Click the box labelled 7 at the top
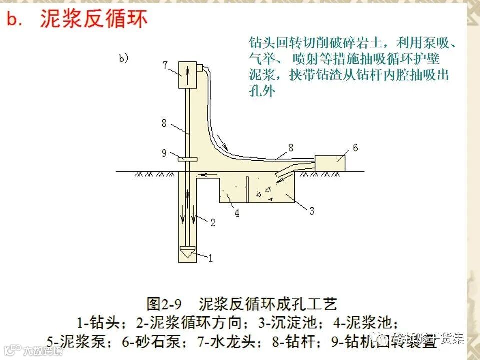click(x=188, y=75)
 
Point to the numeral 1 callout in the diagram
click(x=210, y=258)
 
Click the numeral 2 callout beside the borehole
click(x=213, y=223)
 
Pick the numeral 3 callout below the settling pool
click(x=312, y=211)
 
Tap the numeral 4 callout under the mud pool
click(x=237, y=213)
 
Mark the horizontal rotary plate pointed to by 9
click(x=187, y=160)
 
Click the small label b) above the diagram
click(x=124, y=59)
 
